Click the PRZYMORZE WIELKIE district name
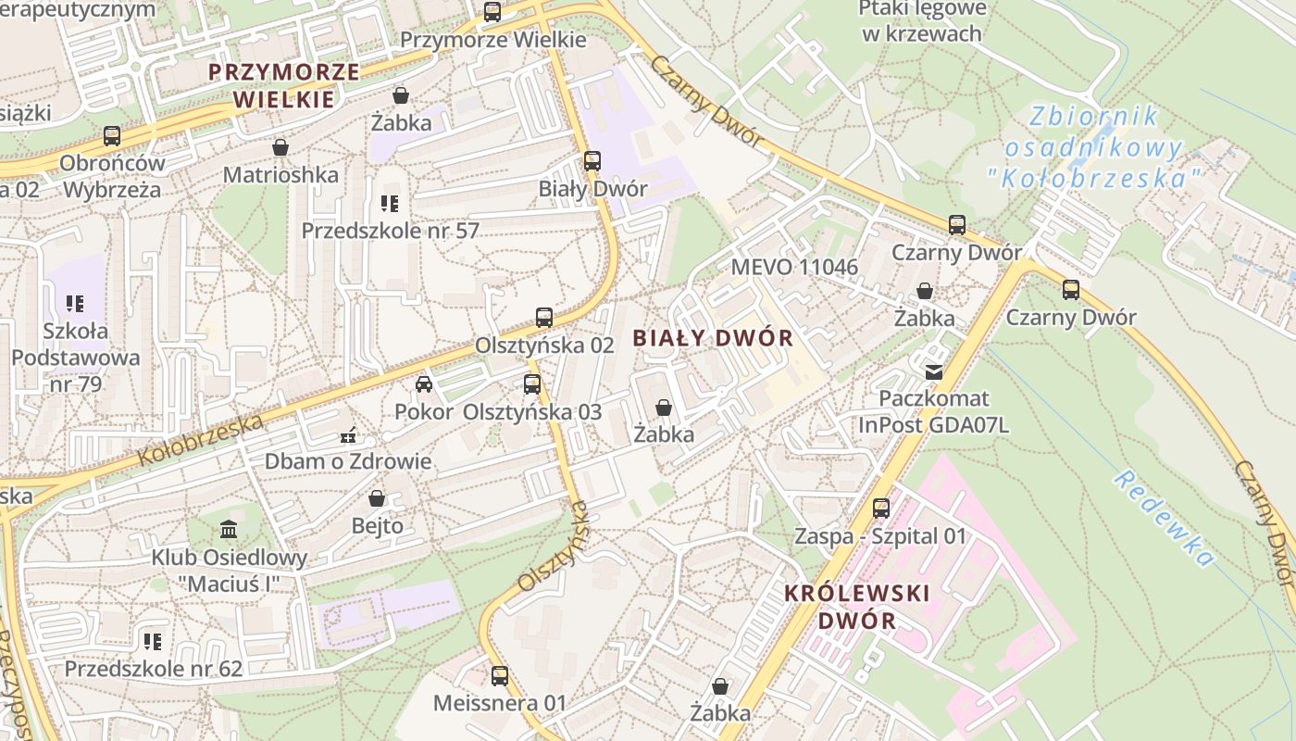[x=283, y=85]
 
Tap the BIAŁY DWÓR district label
[x=713, y=338]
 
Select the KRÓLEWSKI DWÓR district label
[x=856, y=607]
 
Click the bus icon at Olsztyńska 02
[x=544, y=318]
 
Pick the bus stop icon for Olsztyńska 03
[x=531, y=384]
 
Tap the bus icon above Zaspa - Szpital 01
[x=880, y=509]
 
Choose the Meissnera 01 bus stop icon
[x=499, y=675]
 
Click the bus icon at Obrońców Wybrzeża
[x=112, y=136]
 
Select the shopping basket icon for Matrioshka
[x=280, y=147]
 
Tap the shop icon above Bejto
[x=377, y=498]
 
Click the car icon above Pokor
[x=424, y=384]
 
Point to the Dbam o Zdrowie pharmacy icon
[x=348, y=434]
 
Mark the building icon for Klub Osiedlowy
[x=229, y=530]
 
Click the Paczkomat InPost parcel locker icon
[x=933, y=371]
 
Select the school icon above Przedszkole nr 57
[x=390, y=203]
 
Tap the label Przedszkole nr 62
[x=153, y=669]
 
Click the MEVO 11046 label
[x=794, y=268]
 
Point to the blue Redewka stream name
[x=1164, y=518]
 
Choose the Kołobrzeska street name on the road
[x=201, y=440]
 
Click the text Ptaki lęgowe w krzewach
[x=921, y=21]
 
